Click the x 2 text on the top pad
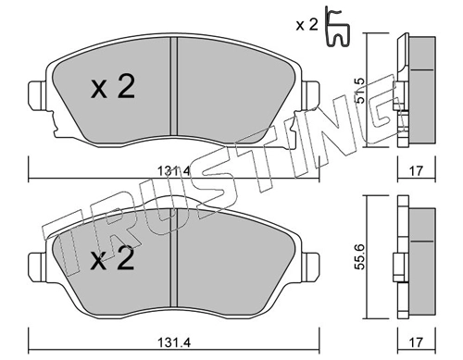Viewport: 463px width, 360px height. point(112,88)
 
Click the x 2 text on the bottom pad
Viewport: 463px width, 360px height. point(112,258)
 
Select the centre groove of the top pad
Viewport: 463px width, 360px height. point(173,88)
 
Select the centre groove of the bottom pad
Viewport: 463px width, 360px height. point(173,259)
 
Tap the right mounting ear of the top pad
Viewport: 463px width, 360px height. point(311,95)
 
